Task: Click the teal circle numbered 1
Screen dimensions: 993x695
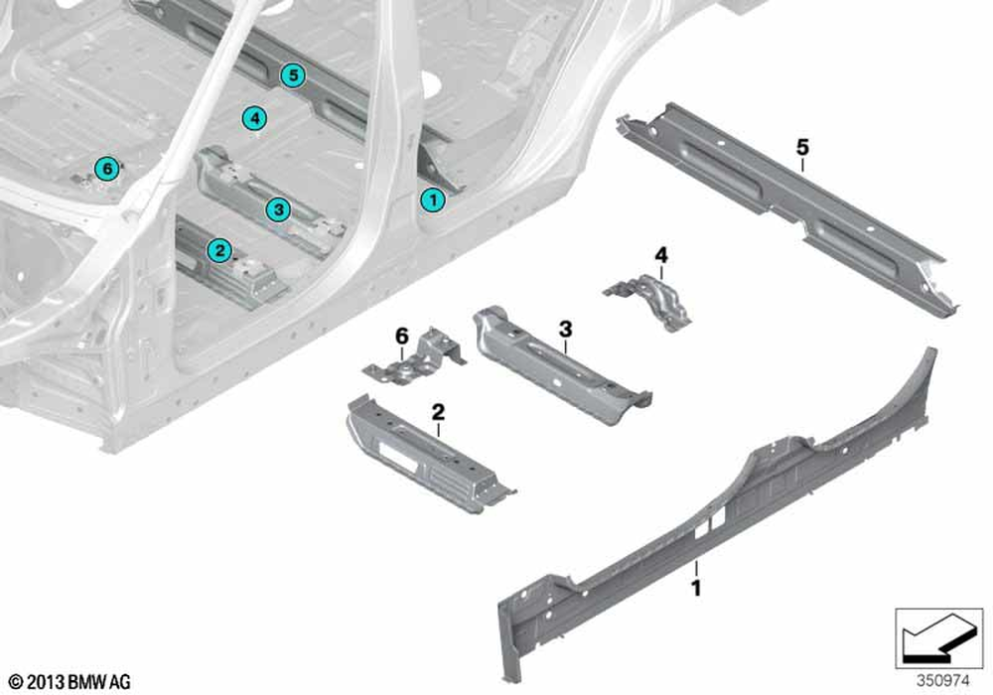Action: [x=433, y=200]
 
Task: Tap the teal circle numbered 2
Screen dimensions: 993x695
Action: [x=219, y=250]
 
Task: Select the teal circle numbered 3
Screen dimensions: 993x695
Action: [x=278, y=208]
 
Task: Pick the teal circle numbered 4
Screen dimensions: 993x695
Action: [x=254, y=118]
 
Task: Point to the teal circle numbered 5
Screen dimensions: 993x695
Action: [x=293, y=75]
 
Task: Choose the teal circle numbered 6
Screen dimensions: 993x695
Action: [x=107, y=169]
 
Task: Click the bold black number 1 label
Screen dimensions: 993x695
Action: [x=696, y=588]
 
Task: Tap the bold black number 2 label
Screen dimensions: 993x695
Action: [x=438, y=413]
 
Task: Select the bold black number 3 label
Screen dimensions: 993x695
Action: [x=565, y=329]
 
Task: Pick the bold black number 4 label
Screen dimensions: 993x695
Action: [x=661, y=256]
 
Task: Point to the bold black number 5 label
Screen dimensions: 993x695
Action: [x=802, y=148]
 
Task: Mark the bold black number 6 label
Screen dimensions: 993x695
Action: [x=402, y=337]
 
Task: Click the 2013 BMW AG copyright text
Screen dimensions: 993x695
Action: [x=71, y=682]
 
